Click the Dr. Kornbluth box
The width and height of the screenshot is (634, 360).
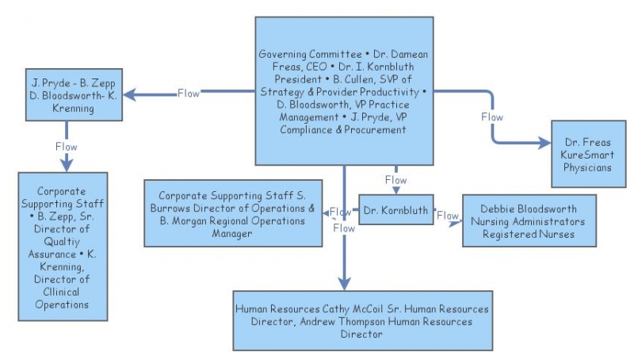coord(396,211)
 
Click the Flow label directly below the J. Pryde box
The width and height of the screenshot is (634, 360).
coord(67,147)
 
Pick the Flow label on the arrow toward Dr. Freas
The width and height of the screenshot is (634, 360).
coord(492,117)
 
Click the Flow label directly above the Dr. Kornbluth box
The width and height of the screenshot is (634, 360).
coord(395,180)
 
